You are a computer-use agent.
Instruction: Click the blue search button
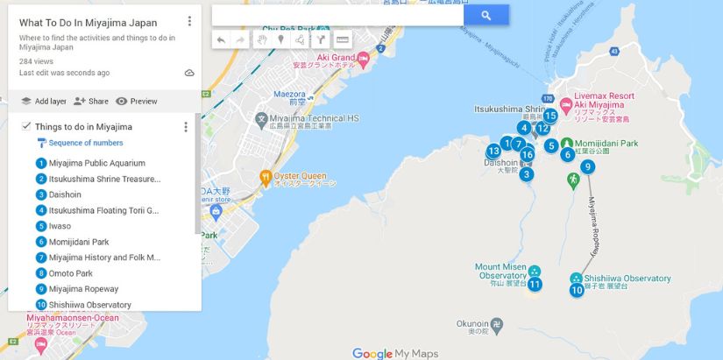pos(486,15)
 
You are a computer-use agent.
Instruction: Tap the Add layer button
pos(45,102)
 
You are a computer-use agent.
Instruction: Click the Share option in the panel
pos(91,102)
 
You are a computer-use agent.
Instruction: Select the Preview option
pos(136,102)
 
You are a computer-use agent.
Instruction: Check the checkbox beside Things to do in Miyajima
pos(26,127)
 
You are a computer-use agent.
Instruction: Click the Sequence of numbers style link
pos(85,143)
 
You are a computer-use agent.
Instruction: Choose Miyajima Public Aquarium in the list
pos(96,163)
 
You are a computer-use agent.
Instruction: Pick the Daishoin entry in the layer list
pos(66,194)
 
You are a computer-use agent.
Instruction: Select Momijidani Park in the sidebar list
pos(79,242)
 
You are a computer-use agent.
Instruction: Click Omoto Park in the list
pos(71,273)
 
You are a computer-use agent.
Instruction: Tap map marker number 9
pos(587,167)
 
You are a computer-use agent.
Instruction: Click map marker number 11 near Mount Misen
pos(535,284)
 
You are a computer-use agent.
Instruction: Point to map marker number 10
pos(577,290)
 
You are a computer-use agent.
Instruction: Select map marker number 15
pos(550,116)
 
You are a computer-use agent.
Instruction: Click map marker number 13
pos(493,151)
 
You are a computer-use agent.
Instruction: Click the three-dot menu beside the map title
pos(189,21)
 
